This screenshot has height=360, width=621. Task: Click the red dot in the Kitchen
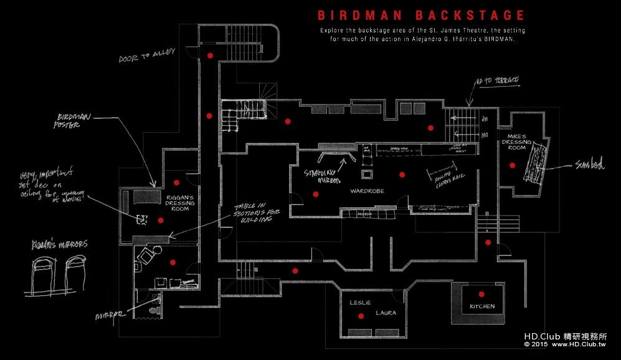(x=481, y=293)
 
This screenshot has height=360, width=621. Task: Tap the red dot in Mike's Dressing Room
(x=512, y=165)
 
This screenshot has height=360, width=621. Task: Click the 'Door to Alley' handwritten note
(x=148, y=59)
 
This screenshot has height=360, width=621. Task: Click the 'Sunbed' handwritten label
(x=589, y=165)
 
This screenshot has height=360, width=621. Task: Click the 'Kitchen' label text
(x=482, y=306)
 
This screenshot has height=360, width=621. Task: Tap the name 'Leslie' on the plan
(x=360, y=303)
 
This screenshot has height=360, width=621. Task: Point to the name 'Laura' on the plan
(x=386, y=313)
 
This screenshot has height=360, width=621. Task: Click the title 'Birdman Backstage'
(x=421, y=15)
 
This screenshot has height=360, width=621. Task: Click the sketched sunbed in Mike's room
(x=536, y=163)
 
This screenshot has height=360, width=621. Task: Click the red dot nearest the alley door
(x=210, y=55)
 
